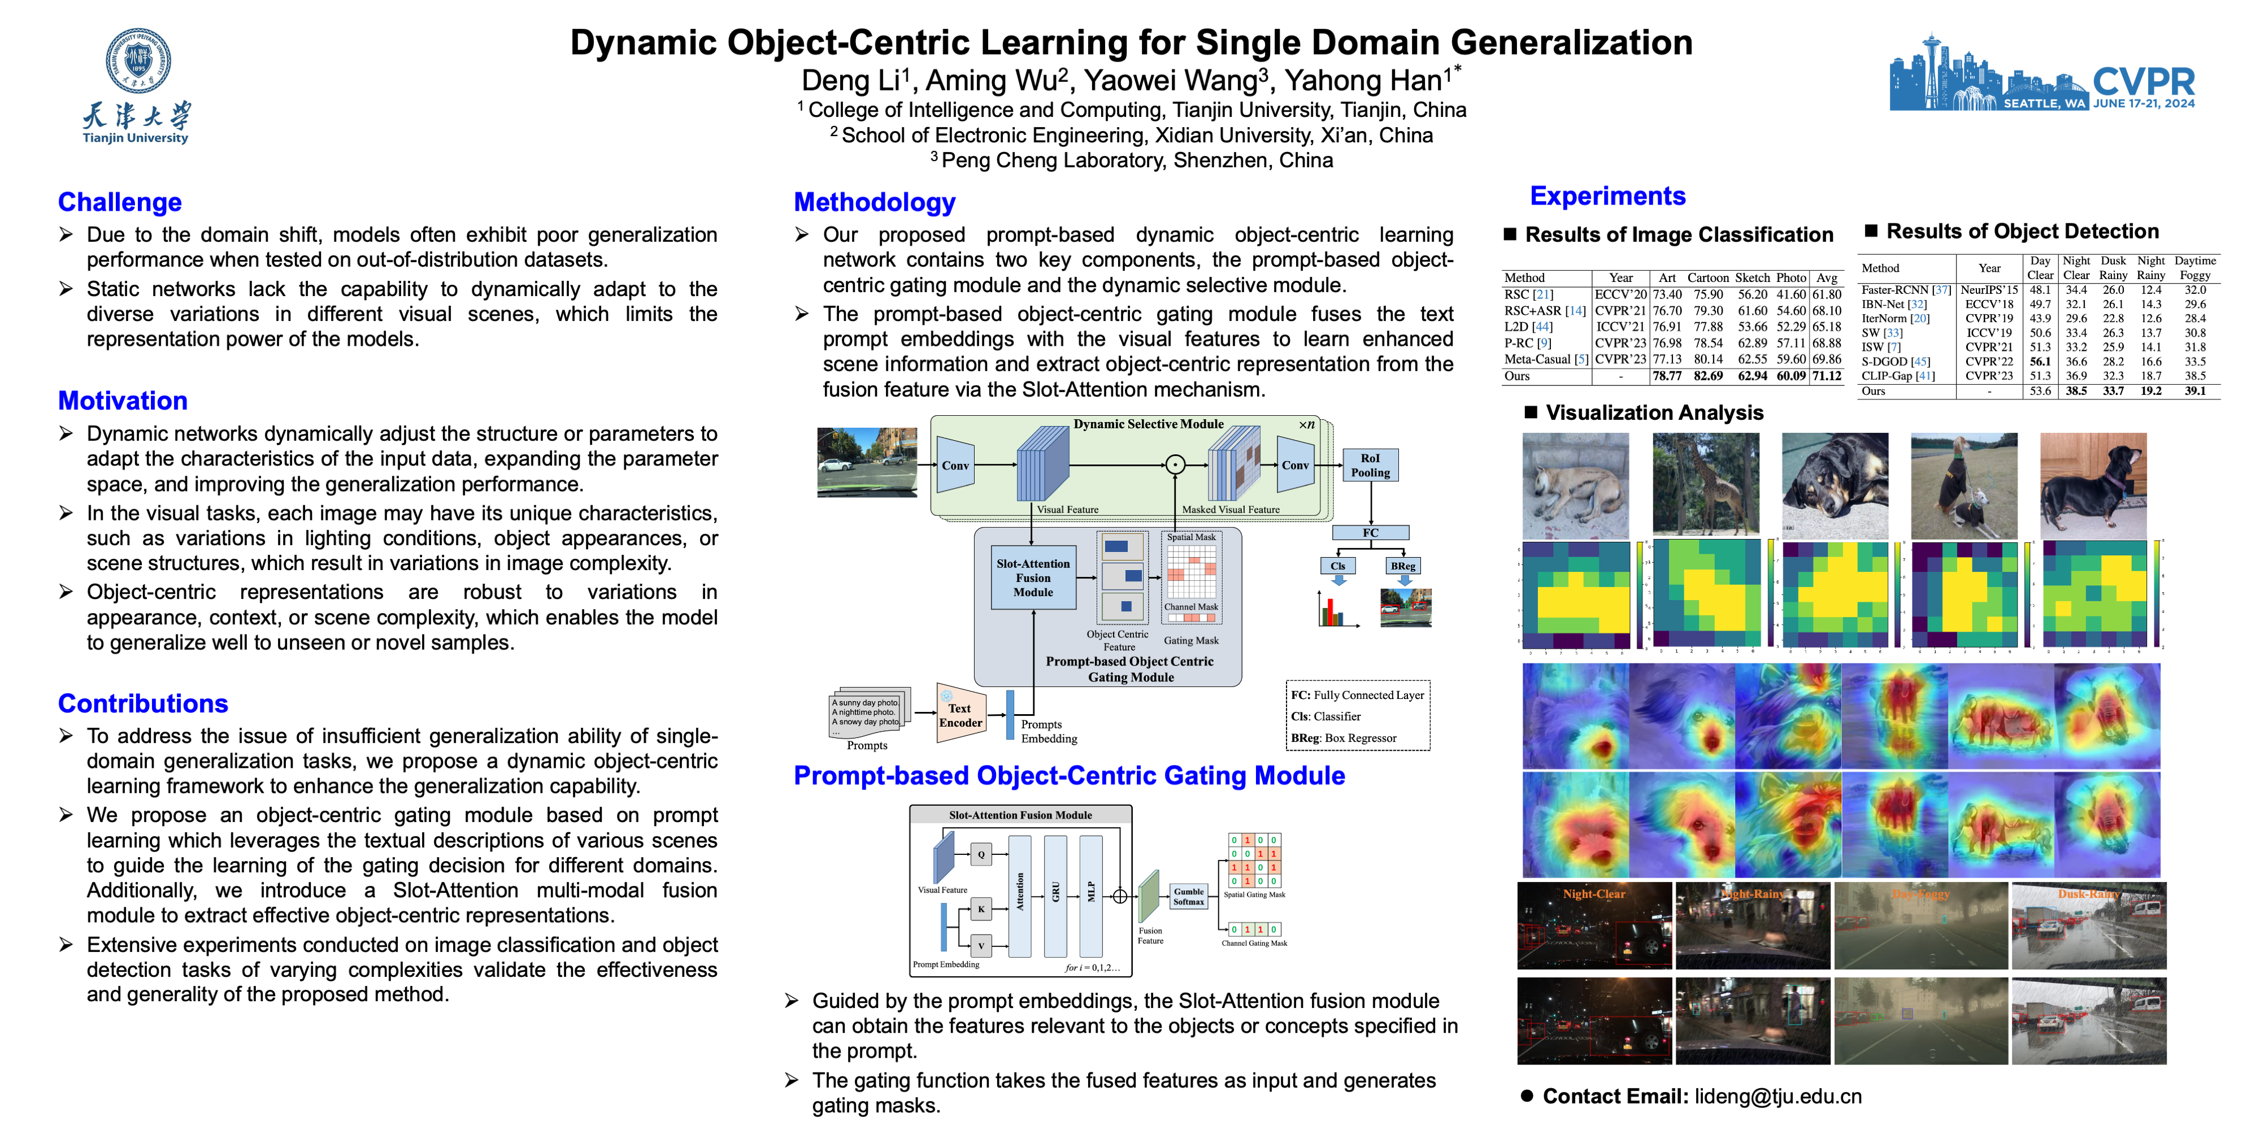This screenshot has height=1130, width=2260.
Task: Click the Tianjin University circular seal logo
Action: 138,60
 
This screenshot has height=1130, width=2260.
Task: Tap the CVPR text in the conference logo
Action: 2142,82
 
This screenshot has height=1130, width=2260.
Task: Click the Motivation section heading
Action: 123,401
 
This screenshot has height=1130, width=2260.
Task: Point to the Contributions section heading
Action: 143,703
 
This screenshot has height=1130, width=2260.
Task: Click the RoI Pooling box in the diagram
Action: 1370,465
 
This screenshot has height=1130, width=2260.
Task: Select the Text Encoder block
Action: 960,715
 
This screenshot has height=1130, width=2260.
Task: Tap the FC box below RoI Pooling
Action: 1370,533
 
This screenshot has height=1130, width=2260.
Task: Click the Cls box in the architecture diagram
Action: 1337,566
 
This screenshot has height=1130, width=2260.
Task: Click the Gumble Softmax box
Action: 1189,896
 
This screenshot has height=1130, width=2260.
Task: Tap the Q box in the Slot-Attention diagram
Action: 981,854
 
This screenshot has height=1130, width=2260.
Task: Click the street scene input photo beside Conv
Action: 867,462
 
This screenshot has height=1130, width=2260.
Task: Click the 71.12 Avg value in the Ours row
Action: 1827,376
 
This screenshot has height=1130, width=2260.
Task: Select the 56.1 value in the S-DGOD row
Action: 2040,362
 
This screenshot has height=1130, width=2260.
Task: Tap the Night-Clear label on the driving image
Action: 1593,894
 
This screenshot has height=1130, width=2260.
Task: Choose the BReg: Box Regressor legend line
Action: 1343,738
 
